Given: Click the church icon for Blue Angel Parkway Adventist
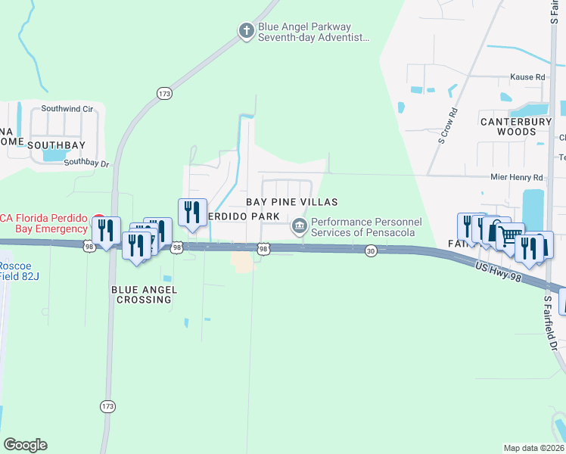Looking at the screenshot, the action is point(245,31).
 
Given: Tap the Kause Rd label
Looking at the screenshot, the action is point(527,77).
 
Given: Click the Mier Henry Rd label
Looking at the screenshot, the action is point(517,177).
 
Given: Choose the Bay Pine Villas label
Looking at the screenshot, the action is point(291,202).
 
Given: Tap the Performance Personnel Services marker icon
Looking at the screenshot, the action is point(300,225).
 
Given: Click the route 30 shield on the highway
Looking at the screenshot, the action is point(370,250).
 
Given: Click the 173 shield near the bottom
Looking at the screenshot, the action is point(107,406).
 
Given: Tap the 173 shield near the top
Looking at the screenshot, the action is point(165,93).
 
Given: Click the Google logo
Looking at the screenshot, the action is point(25,445).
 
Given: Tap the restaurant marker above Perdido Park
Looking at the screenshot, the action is point(192,211).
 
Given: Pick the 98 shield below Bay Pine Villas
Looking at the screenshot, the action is point(263,248).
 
